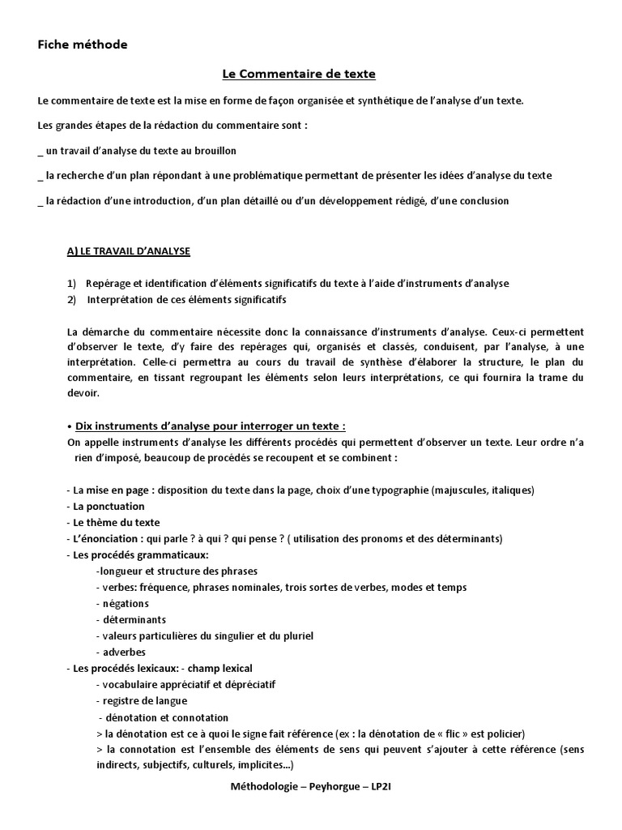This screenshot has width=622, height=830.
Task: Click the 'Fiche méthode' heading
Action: tap(83, 45)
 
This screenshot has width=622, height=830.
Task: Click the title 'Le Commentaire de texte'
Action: tap(299, 75)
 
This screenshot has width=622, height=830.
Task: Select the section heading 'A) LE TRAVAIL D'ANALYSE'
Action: tap(128, 251)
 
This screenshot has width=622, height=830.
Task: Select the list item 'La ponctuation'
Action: tap(109, 506)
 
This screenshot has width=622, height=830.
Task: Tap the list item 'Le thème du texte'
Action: tap(116, 522)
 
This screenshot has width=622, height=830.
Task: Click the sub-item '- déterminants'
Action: tap(130, 619)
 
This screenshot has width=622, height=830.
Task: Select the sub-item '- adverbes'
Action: tap(121, 652)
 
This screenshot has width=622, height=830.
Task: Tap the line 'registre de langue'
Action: tap(143, 700)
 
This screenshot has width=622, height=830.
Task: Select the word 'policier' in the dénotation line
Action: tap(503, 733)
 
